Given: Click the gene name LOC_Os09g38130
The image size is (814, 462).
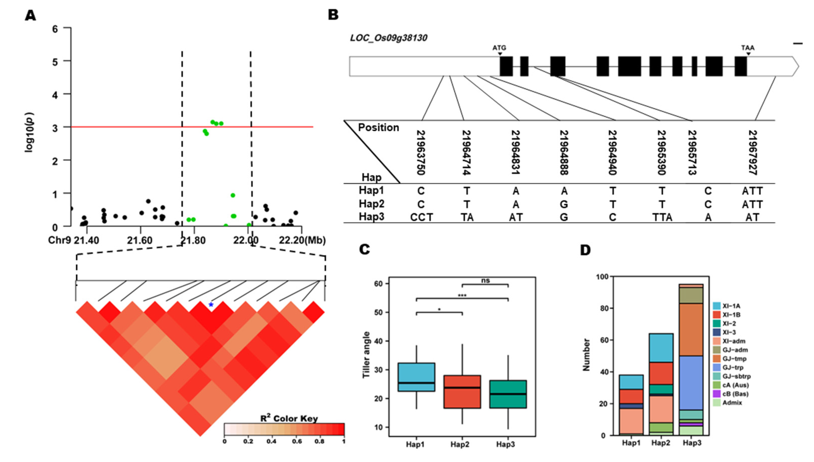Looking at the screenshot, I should coord(388,38).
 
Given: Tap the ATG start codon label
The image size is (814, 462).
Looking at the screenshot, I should coord(499,48).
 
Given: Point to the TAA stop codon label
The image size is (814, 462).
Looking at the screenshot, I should coord(748,48).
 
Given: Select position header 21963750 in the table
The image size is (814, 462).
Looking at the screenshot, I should coord(421,152).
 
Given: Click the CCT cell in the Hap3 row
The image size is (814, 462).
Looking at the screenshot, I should coord(421,217).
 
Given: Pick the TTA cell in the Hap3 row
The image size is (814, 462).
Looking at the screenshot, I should coord(662,217).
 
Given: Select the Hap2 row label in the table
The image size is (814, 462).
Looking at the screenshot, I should coord(371,204).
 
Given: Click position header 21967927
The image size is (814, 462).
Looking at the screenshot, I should coord(753,152).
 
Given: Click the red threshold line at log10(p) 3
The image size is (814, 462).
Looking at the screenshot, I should coord(127,127).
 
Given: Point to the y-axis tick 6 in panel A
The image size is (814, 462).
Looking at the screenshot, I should coord(55,29).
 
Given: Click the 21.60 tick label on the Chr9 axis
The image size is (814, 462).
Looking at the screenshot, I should coord(140,241).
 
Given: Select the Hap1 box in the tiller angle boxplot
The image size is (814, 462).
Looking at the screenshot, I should coord(416,377).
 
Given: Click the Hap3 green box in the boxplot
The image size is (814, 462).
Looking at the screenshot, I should coord(508,394).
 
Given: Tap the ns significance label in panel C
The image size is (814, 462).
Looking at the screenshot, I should coord(485,281).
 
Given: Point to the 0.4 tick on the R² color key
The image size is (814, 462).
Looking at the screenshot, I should coord(271,442).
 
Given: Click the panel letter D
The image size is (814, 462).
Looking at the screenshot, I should coord(585,250).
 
